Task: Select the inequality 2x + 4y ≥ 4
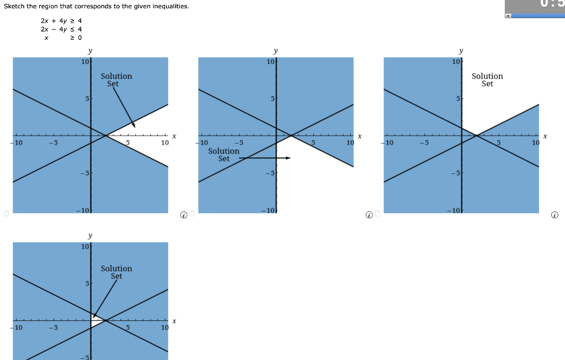[x=61, y=21]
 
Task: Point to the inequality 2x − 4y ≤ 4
[x=61, y=29]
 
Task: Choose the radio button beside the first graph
[x=6, y=214]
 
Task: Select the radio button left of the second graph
[x=192, y=214]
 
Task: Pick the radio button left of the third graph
[x=377, y=214]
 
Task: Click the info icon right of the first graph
[x=183, y=214]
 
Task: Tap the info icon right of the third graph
[x=555, y=214]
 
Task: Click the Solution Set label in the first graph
[x=116, y=80]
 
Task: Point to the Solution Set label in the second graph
[x=223, y=155]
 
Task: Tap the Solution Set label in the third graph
[x=487, y=80]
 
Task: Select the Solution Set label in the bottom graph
[x=116, y=272]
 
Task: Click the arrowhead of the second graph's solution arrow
[x=288, y=158]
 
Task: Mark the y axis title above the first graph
[x=90, y=51]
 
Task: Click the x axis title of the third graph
[x=545, y=136]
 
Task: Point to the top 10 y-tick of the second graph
[x=270, y=61]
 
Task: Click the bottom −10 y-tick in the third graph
[x=455, y=210]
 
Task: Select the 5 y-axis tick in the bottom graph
[x=86, y=284]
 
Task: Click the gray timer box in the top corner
[x=534, y=7]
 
